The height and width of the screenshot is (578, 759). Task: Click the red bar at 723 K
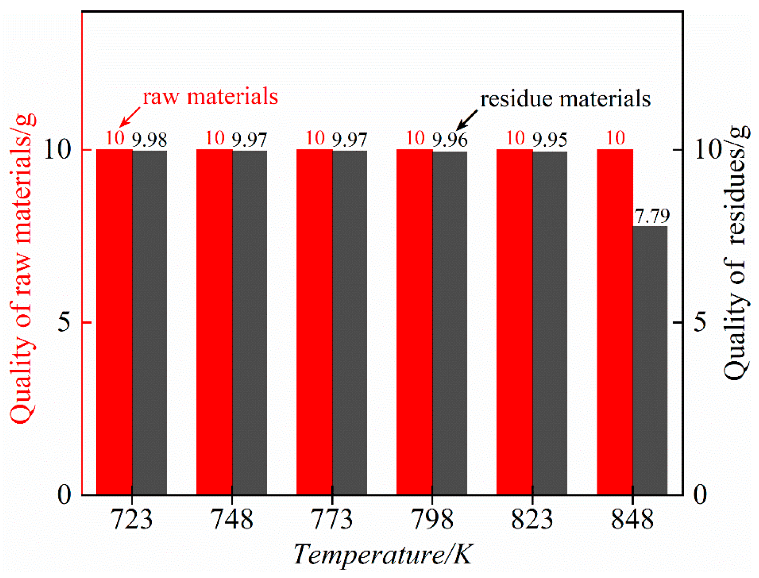click(x=114, y=322)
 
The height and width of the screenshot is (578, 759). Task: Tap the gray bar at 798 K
click(x=449, y=323)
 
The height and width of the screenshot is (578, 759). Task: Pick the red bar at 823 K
click(x=514, y=322)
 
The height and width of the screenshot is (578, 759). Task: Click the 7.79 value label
click(x=652, y=216)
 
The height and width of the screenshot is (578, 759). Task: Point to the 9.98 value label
click(x=149, y=140)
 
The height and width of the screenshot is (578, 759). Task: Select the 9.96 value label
click(x=449, y=140)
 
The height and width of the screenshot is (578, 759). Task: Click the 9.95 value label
click(x=550, y=140)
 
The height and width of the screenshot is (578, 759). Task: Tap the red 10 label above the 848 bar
click(x=615, y=138)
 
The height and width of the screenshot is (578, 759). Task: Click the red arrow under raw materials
click(x=130, y=117)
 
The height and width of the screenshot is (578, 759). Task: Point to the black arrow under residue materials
click(x=467, y=120)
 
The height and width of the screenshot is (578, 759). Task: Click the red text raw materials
click(x=210, y=96)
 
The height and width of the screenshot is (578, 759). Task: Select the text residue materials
click(x=565, y=99)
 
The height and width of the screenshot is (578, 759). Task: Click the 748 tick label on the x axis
click(x=232, y=520)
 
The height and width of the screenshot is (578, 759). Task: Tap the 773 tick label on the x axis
click(x=332, y=520)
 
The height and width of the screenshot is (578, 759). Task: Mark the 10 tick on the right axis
click(x=707, y=149)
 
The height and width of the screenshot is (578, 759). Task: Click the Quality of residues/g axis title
click(x=736, y=252)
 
